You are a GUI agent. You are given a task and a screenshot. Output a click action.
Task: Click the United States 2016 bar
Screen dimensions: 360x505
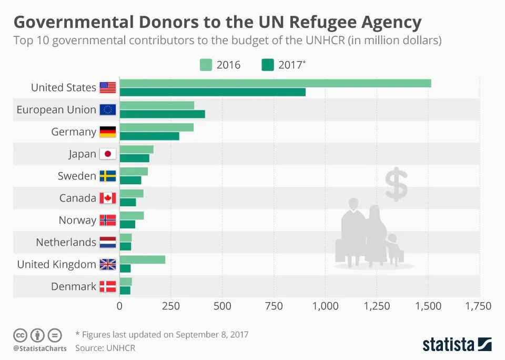[x=275, y=83]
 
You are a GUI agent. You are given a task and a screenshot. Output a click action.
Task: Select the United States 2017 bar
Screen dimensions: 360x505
[x=213, y=92]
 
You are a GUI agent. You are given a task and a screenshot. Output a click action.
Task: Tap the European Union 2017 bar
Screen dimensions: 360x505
[x=162, y=114]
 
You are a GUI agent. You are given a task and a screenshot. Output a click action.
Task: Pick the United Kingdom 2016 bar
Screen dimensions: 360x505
[x=142, y=259]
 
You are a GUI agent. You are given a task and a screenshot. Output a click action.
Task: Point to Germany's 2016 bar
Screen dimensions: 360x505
[x=157, y=127]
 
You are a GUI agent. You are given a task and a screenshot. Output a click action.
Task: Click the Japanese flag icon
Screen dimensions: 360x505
[x=107, y=154]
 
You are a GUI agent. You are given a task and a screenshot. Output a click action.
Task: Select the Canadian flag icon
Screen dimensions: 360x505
[x=107, y=198]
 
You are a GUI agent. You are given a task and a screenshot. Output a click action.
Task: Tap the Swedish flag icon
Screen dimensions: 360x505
[x=107, y=176]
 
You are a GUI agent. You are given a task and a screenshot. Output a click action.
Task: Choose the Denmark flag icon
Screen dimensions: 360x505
[x=107, y=287]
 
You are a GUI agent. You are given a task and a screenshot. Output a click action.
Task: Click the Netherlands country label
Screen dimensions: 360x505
[x=66, y=243]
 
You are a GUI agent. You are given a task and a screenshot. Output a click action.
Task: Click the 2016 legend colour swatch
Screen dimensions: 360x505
[x=206, y=65]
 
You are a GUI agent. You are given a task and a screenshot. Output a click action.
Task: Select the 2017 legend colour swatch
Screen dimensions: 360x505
[x=267, y=65]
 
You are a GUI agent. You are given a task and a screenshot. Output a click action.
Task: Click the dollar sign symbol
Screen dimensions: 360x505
[x=396, y=185]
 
